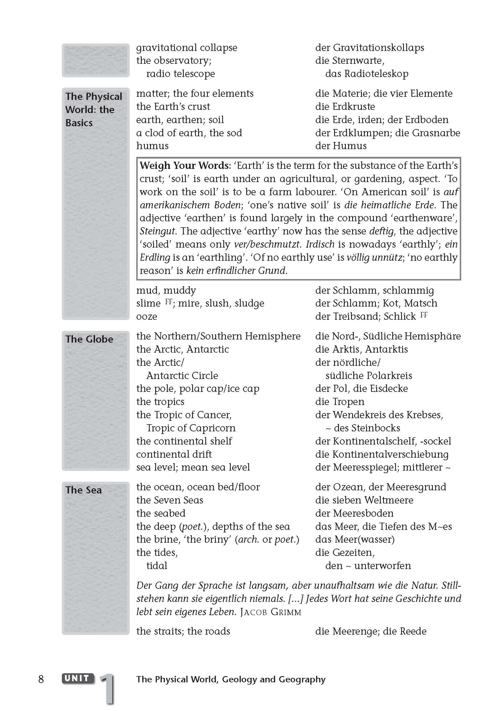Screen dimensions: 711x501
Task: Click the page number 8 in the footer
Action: pos(41,679)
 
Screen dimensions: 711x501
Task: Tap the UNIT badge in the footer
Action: pos(78,678)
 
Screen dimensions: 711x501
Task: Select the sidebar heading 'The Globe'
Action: pos(89,339)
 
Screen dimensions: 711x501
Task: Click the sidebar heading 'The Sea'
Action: pos(83,490)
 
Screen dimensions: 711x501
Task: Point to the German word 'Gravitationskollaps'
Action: pos(378,48)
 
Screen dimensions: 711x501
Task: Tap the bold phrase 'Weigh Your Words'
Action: pos(185,165)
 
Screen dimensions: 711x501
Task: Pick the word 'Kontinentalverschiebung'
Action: pos(390,454)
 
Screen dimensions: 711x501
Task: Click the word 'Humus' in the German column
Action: pos(350,146)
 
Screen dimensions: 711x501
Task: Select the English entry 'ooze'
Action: pos(147,317)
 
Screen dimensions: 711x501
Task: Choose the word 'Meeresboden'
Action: pos(363,513)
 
